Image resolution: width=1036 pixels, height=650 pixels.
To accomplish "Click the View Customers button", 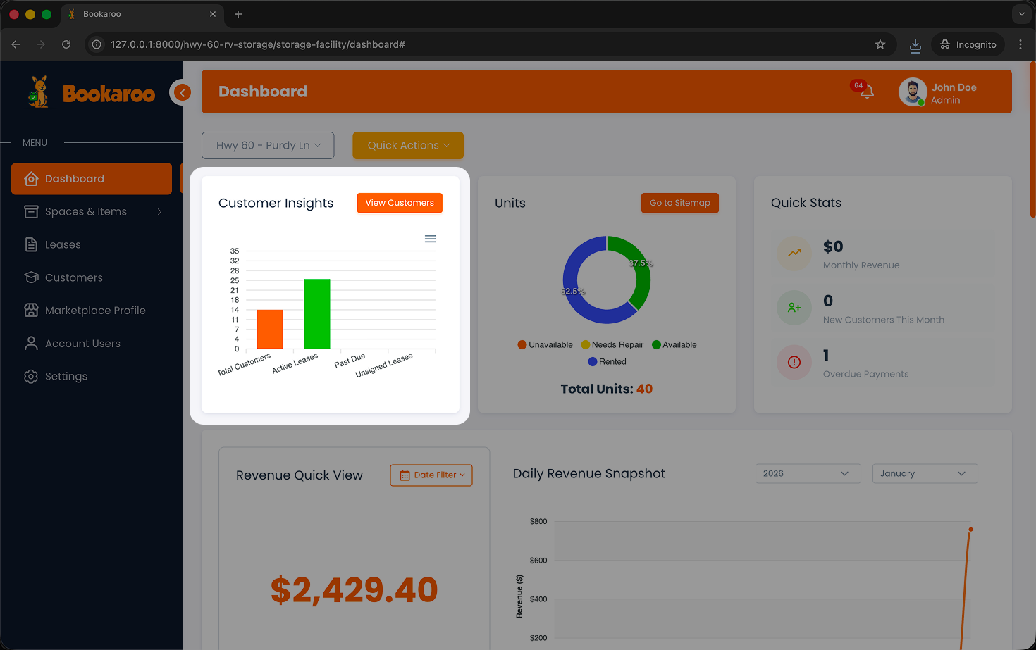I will pos(400,203).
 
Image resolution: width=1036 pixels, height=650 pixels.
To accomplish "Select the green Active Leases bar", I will pos(317,314).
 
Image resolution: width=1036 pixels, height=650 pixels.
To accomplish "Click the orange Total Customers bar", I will pos(270,330).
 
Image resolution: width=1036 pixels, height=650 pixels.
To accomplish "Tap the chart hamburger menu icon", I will pos(431,239).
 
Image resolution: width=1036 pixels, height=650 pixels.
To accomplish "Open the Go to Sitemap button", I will pos(679,203).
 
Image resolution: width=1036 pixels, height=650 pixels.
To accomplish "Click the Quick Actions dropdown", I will pos(408,145).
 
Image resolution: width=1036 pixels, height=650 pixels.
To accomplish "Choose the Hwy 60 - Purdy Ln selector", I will pos(268,145).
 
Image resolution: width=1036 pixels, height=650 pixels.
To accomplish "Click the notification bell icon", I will pos(867,92).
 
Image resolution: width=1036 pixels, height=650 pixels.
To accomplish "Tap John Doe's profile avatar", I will pos(913,92).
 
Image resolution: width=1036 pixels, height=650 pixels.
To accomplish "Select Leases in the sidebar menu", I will pos(63,244).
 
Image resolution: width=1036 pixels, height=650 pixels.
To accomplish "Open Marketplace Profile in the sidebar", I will pos(95,311).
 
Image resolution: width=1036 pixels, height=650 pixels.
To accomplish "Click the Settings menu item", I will pos(66,376).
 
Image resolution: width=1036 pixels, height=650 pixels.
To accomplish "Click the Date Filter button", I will pos(431,475).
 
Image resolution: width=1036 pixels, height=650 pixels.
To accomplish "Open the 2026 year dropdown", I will pos(808,474).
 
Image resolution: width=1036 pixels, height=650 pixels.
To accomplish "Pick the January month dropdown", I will pos(925,474).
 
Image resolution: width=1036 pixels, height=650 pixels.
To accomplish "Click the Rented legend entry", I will pos(608,362).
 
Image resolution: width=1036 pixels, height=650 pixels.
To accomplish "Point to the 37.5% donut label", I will pos(641,263).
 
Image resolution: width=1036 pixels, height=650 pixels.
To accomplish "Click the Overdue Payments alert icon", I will pos(794,362).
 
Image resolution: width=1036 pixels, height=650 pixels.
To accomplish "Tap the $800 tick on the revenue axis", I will pos(538,522).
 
